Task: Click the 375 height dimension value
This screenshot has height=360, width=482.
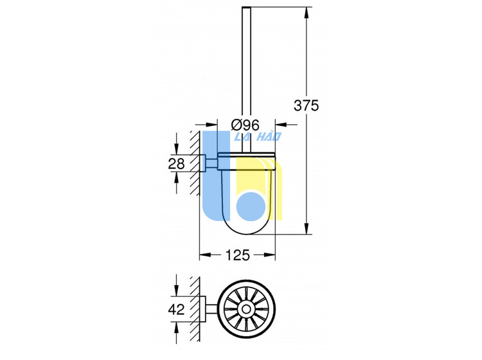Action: click(306, 105)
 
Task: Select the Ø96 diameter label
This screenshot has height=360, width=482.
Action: click(245, 125)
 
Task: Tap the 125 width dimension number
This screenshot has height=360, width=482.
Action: click(238, 255)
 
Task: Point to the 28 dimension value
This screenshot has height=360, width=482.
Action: click(176, 163)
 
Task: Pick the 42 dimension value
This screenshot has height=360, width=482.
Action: click(176, 309)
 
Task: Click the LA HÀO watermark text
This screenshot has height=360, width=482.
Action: click(258, 136)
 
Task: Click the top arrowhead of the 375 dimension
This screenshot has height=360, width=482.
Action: click(307, 13)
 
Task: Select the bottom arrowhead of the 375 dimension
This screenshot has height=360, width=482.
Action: click(307, 228)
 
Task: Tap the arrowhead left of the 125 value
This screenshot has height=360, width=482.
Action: click(206, 255)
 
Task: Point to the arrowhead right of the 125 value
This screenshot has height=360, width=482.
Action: click(269, 255)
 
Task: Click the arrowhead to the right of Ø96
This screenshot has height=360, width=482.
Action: click(281, 125)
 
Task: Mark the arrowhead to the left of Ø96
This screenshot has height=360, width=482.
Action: click(212, 125)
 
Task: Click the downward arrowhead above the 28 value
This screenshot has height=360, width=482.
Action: click(176, 148)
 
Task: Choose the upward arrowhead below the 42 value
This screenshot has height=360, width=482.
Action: click(176, 328)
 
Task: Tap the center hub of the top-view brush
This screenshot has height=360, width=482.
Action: click(246, 309)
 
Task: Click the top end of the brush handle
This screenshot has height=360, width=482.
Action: click(247, 7)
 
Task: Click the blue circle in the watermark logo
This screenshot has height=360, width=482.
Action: click(251, 206)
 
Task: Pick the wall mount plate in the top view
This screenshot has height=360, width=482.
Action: click(203, 309)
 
